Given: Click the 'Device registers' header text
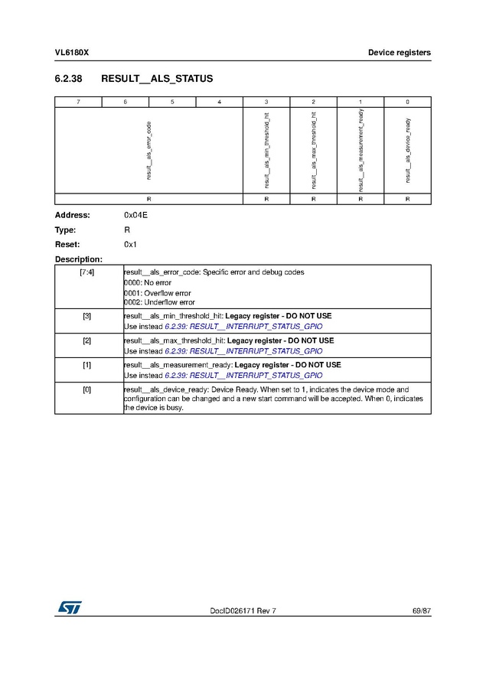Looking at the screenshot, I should pyautogui.click(x=399, y=53).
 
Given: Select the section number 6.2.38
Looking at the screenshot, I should pyautogui.click(x=68, y=79).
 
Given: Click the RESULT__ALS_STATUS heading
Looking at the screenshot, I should pyautogui.click(x=157, y=79).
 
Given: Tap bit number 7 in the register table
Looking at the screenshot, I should pyautogui.click(x=78, y=102).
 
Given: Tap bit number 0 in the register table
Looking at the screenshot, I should pyautogui.click(x=407, y=102).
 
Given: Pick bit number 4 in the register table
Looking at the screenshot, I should pyautogui.click(x=219, y=102).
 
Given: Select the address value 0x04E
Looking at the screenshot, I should pyautogui.click(x=135, y=215).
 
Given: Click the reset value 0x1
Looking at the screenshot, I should pyautogui.click(x=130, y=244).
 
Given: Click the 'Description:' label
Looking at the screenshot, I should pyautogui.click(x=79, y=259).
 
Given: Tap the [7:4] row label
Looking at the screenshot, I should pyautogui.click(x=87, y=272).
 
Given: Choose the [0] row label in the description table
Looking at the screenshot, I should pyautogui.click(x=87, y=390).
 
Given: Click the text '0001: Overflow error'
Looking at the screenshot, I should pyautogui.click(x=158, y=293).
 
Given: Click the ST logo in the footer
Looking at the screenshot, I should pyautogui.click(x=69, y=607).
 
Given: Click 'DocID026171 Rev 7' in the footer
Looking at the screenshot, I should pyautogui.click(x=243, y=610).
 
